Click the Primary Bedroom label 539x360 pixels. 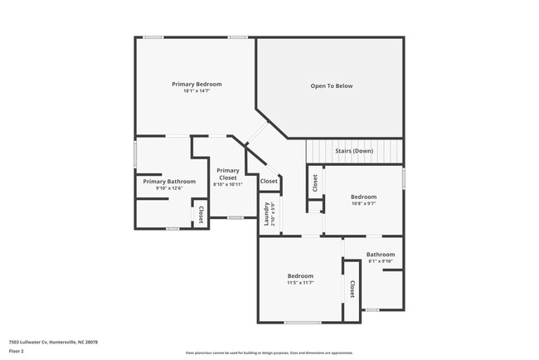[x=197, y=84]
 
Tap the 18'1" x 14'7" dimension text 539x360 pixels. [x=197, y=90]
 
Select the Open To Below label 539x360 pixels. [x=332, y=85]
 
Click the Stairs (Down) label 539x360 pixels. [x=353, y=151]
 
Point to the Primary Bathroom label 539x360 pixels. [x=169, y=182]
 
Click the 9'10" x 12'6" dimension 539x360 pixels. [x=169, y=188]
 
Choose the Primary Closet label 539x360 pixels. [x=228, y=174]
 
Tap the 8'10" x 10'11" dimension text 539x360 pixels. [x=228, y=184]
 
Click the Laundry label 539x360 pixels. [x=267, y=214]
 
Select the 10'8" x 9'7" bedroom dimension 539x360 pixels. [x=363, y=203]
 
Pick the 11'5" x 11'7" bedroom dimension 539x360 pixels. [x=300, y=283]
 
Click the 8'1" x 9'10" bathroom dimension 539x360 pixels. [x=381, y=261]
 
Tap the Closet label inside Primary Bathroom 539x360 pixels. [x=200, y=215]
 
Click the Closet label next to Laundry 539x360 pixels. [x=269, y=182]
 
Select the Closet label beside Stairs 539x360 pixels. [x=315, y=183]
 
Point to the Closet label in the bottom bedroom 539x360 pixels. [x=352, y=289]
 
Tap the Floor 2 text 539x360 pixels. [x=17, y=351]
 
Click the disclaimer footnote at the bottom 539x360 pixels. [x=269, y=353]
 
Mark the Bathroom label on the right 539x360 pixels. [x=381, y=255]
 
